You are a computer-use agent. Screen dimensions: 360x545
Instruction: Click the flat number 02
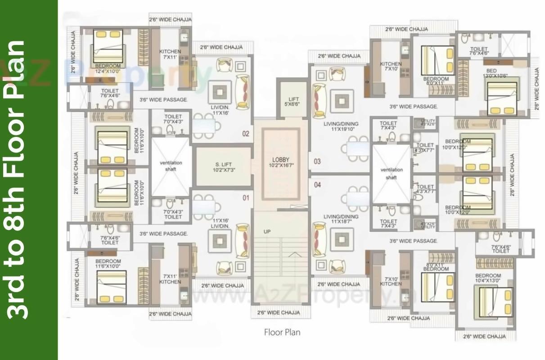(246, 134)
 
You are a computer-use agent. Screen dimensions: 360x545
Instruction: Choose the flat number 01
(246, 198)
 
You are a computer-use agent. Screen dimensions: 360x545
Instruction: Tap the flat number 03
(317, 162)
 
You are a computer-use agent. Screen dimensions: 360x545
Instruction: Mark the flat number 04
(317, 184)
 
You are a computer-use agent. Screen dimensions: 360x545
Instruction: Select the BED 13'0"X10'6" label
(495, 73)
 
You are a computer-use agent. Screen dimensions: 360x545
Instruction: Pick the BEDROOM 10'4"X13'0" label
(488, 278)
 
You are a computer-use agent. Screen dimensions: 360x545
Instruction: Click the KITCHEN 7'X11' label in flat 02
(170, 54)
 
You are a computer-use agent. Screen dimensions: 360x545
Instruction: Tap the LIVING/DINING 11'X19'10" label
(341, 126)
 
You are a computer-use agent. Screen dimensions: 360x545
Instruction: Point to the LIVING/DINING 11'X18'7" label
(341, 219)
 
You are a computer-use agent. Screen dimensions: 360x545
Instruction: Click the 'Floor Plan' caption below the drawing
(282, 333)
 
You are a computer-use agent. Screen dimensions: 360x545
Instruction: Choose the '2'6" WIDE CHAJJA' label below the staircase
(279, 313)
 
